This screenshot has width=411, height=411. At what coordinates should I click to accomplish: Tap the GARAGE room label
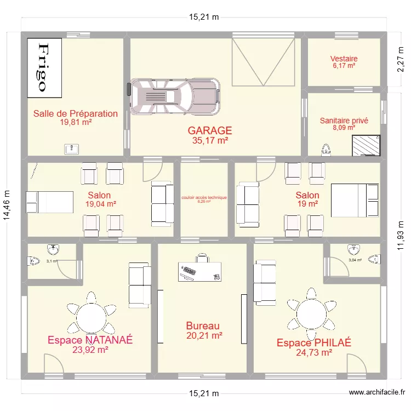coord(210,130)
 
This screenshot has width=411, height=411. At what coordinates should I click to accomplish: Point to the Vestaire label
coord(344,59)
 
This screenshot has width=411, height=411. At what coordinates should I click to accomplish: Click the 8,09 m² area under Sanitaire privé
coord(344,128)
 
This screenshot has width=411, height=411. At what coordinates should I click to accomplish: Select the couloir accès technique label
coord(204,198)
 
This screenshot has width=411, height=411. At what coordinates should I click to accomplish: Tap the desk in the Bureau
coord(200,270)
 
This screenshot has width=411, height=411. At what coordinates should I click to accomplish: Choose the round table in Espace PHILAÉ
coord(311,315)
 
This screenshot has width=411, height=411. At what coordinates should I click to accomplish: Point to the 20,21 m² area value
coord(204,335)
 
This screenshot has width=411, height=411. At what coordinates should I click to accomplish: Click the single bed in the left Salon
coord(49,201)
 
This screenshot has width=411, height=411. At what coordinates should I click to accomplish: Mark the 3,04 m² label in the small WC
coord(355,260)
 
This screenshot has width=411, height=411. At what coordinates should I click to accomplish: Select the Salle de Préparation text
coord(76,113)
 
